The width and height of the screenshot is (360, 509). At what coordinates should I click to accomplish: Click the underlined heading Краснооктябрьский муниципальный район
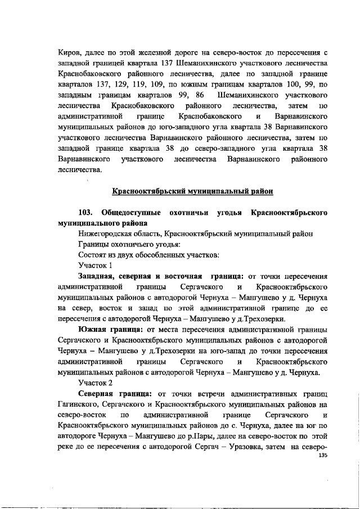pyautogui.click(x=193, y=191)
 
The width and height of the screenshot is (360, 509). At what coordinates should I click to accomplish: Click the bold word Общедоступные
pyautogui.click(x=127, y=213)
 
